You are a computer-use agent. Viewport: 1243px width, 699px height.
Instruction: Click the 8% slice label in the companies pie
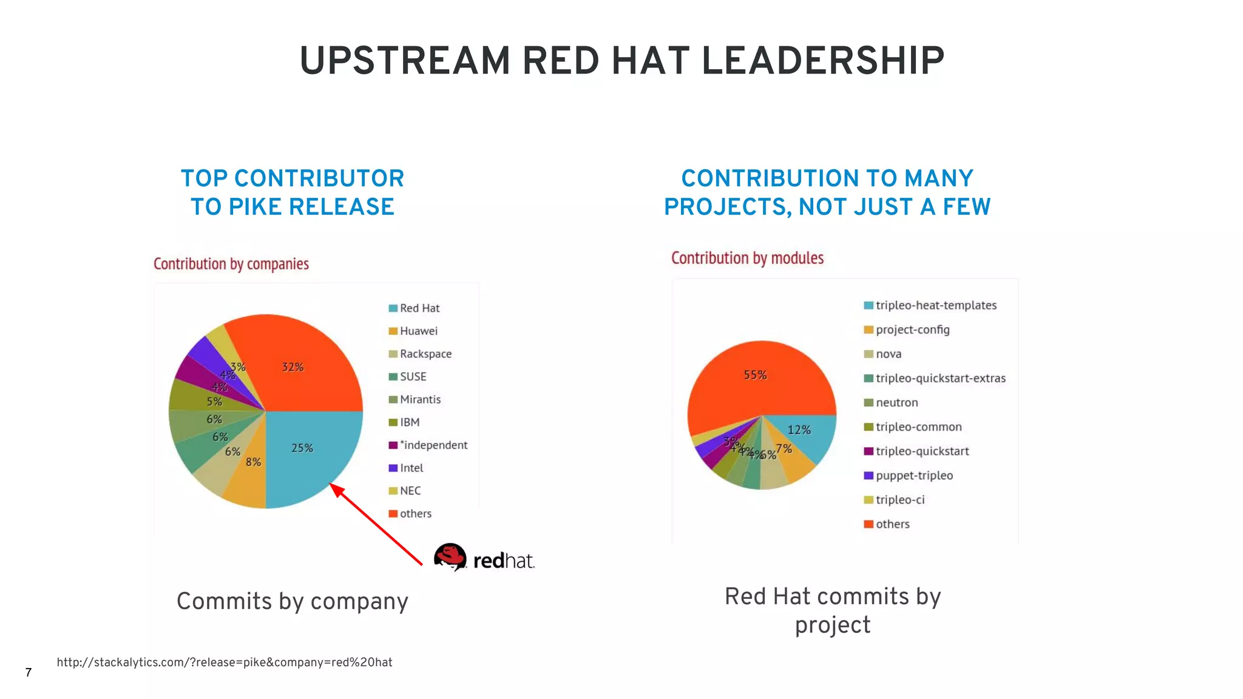253,462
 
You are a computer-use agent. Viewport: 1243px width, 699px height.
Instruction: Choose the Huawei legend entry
418,331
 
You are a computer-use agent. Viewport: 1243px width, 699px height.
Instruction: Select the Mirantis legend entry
420,399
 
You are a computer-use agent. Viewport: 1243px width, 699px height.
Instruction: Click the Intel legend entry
411,468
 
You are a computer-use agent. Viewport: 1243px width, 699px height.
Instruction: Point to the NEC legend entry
410,490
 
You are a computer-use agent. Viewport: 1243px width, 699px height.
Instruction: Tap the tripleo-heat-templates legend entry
935,305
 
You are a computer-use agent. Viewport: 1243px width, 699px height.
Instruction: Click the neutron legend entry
896,402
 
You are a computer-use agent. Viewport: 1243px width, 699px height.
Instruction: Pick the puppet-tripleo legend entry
913,475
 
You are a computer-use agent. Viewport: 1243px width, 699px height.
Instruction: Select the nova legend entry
888,354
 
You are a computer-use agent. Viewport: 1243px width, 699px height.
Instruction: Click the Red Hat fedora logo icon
450,556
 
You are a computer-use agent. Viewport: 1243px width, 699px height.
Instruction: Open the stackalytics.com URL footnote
225,662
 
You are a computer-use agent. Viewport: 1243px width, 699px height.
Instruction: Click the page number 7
29,672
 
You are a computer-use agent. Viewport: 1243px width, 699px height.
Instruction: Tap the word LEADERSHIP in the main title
822,61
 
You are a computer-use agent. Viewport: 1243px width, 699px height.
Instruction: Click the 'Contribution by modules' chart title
747,258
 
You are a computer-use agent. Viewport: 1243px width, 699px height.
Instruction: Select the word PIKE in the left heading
254,207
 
